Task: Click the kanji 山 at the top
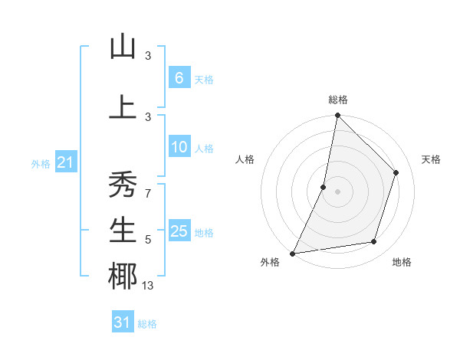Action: [123, 47]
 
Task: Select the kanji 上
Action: [123, 107]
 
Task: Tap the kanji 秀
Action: [123, 185]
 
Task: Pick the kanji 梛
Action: [123, 277]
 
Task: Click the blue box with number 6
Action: [179, 78]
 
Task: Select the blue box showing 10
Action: [179, 148]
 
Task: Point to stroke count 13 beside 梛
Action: [148, 286]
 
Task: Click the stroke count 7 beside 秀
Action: [147, 194]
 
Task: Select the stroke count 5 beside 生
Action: [148, 240]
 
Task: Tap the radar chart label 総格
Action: [337, 100]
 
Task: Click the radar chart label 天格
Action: [432, 159]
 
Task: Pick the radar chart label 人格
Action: [245, 159]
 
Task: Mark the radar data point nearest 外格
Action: [292, 254]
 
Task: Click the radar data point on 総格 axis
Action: [337, 115]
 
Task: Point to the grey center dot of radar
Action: [337, 191]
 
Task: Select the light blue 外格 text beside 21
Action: [41, 164]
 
